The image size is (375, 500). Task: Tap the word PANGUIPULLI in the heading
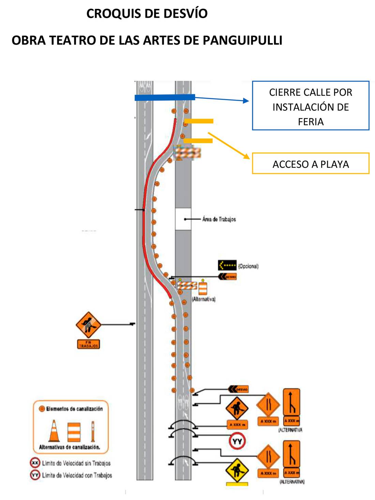[242, 40]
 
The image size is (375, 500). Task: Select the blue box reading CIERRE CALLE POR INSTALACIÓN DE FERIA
[311, 106]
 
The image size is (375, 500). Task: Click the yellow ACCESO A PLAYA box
[311, 164]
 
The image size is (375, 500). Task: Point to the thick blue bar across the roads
[165, 97]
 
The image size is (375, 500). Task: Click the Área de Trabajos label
[219, 219]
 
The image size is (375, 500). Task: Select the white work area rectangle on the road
[183, 219]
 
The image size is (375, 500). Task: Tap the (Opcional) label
[248, 266]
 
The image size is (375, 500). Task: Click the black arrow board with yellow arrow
[227, 265]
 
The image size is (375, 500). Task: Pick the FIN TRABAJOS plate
[88, 344]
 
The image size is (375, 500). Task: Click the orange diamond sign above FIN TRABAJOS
[88, 325]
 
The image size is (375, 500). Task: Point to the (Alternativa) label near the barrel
[204, 299]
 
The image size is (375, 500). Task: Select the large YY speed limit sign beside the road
[237, 441]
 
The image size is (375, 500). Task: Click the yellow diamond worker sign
[237, 470]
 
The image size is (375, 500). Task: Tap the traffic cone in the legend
[54, 431]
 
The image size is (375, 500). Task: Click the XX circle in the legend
[35, 463]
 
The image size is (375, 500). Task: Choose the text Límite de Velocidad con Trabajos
[77, 475]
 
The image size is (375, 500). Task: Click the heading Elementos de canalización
[74, 409]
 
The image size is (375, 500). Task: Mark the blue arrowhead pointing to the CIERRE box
[246, 100]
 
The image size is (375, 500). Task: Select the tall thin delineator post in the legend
[93, 431]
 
